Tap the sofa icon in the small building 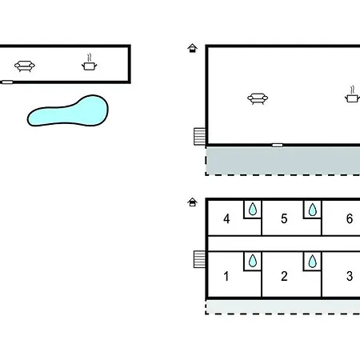(x=25, y=66)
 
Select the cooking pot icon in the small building (x=90, y=63)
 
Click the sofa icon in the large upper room (x=258, y=98)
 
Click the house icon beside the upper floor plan (x=192, y=48)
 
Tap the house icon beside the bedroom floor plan (x=192, y=202)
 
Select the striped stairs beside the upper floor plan (x=199, y=137)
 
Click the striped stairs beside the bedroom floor (x=199, y=259)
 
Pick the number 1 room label (x=226, y=276)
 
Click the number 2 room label (x=284, y=276)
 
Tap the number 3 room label (x=350, y=276)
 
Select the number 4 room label (x=226, y=218)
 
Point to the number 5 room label (x=284, y=218)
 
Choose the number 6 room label (x=350, y=218)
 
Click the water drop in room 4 (x=253, y=209)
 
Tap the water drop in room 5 (x=313, y=210)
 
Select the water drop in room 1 (x=253, y=261)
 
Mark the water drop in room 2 (x=313, y=261)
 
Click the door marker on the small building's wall (x=7, y=82)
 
